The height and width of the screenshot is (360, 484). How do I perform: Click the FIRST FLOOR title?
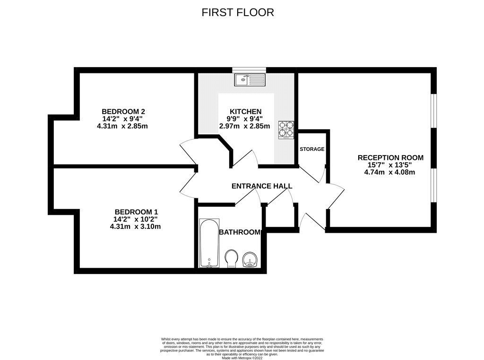[238, 12]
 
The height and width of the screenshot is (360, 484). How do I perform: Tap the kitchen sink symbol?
[249, 79]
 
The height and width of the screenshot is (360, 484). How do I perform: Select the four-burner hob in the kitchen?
[285, 129]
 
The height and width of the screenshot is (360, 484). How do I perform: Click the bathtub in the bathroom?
[208, 244]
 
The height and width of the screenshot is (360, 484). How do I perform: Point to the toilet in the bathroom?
[232, 259]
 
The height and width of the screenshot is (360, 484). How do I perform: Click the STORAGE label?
[312, 149]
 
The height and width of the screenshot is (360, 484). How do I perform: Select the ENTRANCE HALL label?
[261, 186]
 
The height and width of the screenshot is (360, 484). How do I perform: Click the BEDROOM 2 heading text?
[117, 112]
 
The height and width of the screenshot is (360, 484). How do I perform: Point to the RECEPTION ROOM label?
[390, 158]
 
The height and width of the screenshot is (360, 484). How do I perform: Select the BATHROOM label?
[240, 232]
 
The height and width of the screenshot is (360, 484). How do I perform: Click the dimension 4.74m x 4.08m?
[389, 172]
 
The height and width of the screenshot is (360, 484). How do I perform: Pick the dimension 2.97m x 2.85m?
[244, 126]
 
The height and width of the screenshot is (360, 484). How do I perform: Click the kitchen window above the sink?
[249, 70]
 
